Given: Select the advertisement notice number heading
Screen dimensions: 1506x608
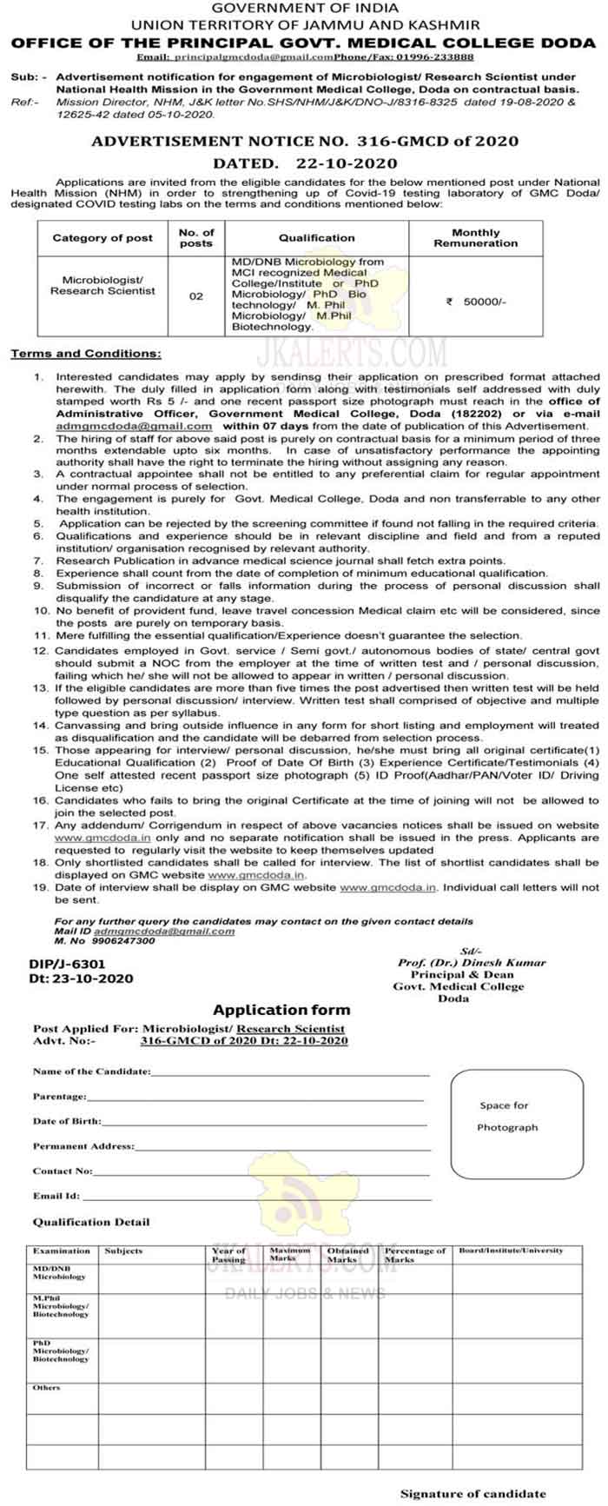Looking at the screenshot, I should [305, 141].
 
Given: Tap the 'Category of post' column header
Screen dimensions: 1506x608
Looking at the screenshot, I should [102, 237].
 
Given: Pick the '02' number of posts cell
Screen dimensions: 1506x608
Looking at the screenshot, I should [196, 296].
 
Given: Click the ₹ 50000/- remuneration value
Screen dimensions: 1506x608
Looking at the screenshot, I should [475, 302].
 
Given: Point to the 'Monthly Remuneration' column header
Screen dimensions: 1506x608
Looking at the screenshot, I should [475, 238].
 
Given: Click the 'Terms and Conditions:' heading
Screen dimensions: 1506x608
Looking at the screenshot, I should [85, 354].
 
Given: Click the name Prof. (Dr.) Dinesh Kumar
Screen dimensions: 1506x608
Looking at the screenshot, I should [472, 963].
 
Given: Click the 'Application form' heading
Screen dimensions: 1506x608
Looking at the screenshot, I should [281, 1010].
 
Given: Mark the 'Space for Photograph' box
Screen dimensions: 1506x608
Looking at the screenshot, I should [507, 1117].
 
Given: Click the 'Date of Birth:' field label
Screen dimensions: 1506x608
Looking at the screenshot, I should [67, 1121].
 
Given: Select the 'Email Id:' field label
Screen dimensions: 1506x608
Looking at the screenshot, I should [56, 1196].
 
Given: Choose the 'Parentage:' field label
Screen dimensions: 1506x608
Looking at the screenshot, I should [60, 1097].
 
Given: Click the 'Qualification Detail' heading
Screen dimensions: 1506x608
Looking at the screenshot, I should [91, 1222].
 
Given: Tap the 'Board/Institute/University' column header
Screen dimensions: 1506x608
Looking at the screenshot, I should [511, 1251].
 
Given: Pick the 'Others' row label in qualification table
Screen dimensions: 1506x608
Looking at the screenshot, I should [47, 1388].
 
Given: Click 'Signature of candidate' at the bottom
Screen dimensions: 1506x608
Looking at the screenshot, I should [473, 1494].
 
